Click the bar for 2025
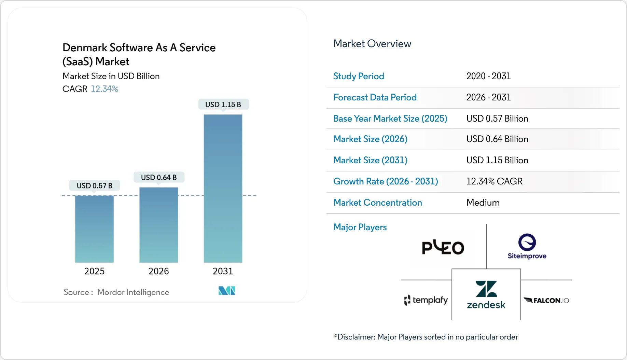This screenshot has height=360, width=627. pyautogui.click(x=94, y=229)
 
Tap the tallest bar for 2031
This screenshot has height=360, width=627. pyautogui.click(x=223, y=188)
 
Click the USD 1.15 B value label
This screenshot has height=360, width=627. pyautogui.click(x=223, y=105)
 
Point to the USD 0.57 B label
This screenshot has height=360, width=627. pyautogui.click(x=94, y=185)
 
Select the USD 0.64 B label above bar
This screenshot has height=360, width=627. pyautogui.click(x=159, y=177)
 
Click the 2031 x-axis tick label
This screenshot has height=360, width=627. pyautogui.click(x=223, y=271)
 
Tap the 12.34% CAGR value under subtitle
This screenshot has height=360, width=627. pyautogui.click(x=104, y=89)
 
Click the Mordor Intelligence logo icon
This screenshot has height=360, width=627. pyautogui.click(x=227, y=291)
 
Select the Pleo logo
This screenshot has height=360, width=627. pyautogui.click(x=443, y=247)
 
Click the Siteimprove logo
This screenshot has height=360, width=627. pyautogui.click(x=527, y=246)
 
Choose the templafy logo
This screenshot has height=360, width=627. pyautogui.click(x=426, y=300)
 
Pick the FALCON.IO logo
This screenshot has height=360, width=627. pyautogui.click(x=546, y=301)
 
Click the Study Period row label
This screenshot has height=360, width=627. pyautogui.click(x=359, y=76)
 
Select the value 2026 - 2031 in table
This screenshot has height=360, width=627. pyautogui.click(x=488, y=97)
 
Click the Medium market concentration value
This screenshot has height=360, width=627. pyautogui.click(x=483, y=203)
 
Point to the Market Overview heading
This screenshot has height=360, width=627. pyautogui.click(x=372, y=44)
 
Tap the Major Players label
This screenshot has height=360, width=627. pyautogui.click(x=360, y=227)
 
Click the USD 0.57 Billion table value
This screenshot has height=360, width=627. pyautogui.click(x=497, y=119)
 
